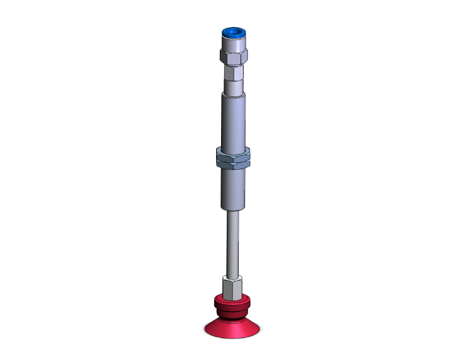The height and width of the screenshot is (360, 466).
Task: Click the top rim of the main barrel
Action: pos(233,95)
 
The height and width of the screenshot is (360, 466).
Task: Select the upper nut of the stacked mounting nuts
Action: pos(233,153)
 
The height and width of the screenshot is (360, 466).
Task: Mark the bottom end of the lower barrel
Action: pos(233,208)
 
